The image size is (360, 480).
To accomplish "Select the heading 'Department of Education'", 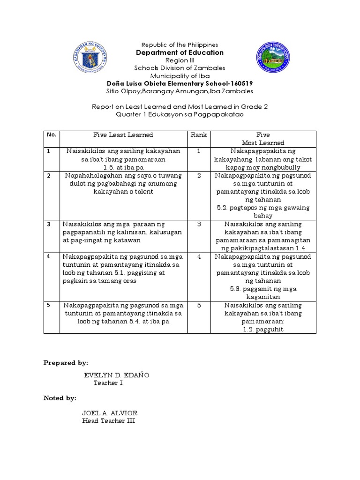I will click(180, 52).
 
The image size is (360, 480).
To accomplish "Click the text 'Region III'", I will click(180, 60).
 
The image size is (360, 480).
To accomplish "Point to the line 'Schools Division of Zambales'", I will click(180, 68).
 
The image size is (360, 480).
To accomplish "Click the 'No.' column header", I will click(52, 135).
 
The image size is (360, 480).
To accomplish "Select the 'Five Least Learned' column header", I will click(123, 135).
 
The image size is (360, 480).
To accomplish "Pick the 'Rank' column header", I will click(199, 135).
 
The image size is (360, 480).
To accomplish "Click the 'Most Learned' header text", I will click(263, 142).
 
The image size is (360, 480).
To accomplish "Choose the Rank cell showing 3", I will click(199, 224).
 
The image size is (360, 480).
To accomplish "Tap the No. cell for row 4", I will click(48, 256).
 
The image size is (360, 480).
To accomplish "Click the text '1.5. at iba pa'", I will click(123, 167).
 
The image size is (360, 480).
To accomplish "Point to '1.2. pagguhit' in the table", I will click(263, 330).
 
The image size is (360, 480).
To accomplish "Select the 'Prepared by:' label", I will click(66, 363).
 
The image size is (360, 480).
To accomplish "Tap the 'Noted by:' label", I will click(60, 398).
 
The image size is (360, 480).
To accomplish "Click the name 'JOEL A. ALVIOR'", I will click(110, 413).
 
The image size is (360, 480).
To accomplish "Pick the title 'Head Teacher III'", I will click(109, 420).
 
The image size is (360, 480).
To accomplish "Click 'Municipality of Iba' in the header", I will click(180, 75).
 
